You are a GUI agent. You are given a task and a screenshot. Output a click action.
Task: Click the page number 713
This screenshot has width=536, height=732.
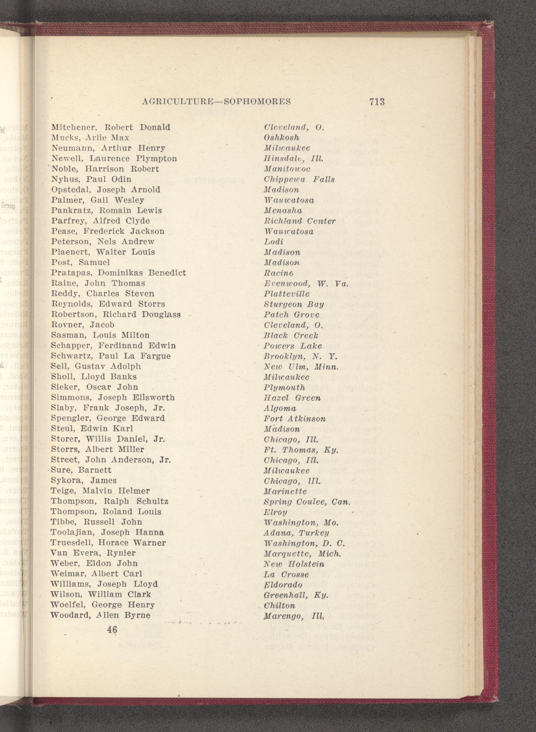[376, 102]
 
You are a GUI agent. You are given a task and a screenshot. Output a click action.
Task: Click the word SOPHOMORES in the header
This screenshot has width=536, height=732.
[257, 102]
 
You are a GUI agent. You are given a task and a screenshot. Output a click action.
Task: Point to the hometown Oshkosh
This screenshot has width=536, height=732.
[281, 138]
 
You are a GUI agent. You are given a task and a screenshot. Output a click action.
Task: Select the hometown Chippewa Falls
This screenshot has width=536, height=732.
[299, 179]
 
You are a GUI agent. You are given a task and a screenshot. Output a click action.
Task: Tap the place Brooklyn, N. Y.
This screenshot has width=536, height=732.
[300, 356]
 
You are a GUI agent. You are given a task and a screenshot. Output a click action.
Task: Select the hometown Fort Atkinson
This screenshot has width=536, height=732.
[295, 419]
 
